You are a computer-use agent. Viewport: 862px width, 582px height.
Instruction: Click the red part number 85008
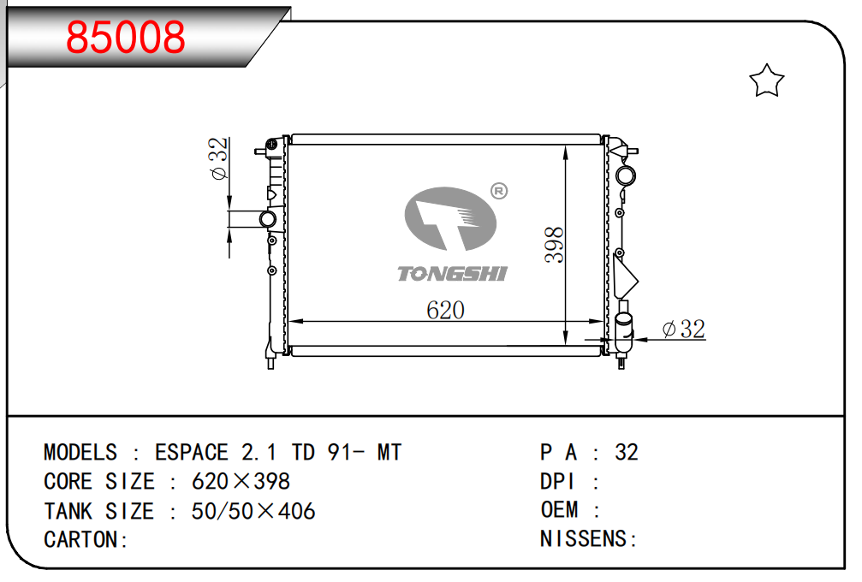point(125,38)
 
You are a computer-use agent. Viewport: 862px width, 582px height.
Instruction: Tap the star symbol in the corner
point(766,81)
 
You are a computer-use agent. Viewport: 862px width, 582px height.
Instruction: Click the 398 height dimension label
point(554,245)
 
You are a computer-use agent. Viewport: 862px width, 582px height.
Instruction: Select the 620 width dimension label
point(445,311)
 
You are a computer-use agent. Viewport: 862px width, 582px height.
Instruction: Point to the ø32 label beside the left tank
point(218,158)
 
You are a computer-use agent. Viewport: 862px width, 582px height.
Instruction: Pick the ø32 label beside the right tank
point(684,330)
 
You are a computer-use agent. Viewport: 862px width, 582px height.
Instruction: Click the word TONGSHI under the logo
point(452,274)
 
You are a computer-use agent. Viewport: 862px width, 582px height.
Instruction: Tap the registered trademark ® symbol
point(498,191)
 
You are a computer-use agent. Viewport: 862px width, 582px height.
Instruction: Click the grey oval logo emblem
point(450,218)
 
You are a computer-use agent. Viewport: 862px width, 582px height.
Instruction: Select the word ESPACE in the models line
point(191,452)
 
